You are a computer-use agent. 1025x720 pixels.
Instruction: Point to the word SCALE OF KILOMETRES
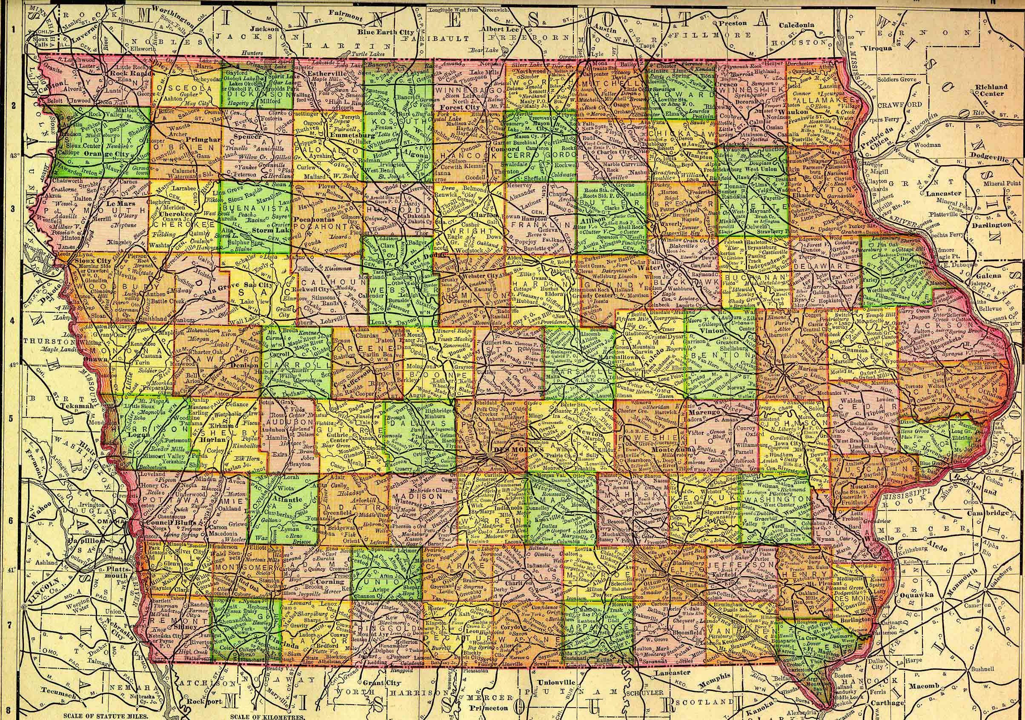[x=267, y=717]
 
